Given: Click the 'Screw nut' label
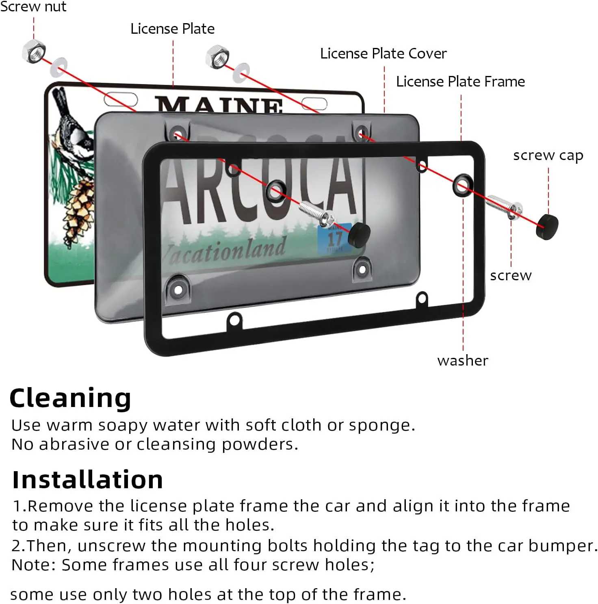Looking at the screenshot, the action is coord(33,7).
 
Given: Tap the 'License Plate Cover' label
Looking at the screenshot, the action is coord(383,54).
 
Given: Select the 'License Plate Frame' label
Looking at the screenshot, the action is coord(460,82).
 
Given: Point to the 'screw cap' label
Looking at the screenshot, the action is coord(548,155).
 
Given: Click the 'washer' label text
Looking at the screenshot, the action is coord(463,360).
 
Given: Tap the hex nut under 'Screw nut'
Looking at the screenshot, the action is coord(34,52).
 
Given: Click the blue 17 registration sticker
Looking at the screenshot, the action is coord(334,239).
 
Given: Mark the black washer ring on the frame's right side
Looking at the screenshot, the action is coord(462,186).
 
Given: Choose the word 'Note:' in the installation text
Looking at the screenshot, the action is coord(34,565).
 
